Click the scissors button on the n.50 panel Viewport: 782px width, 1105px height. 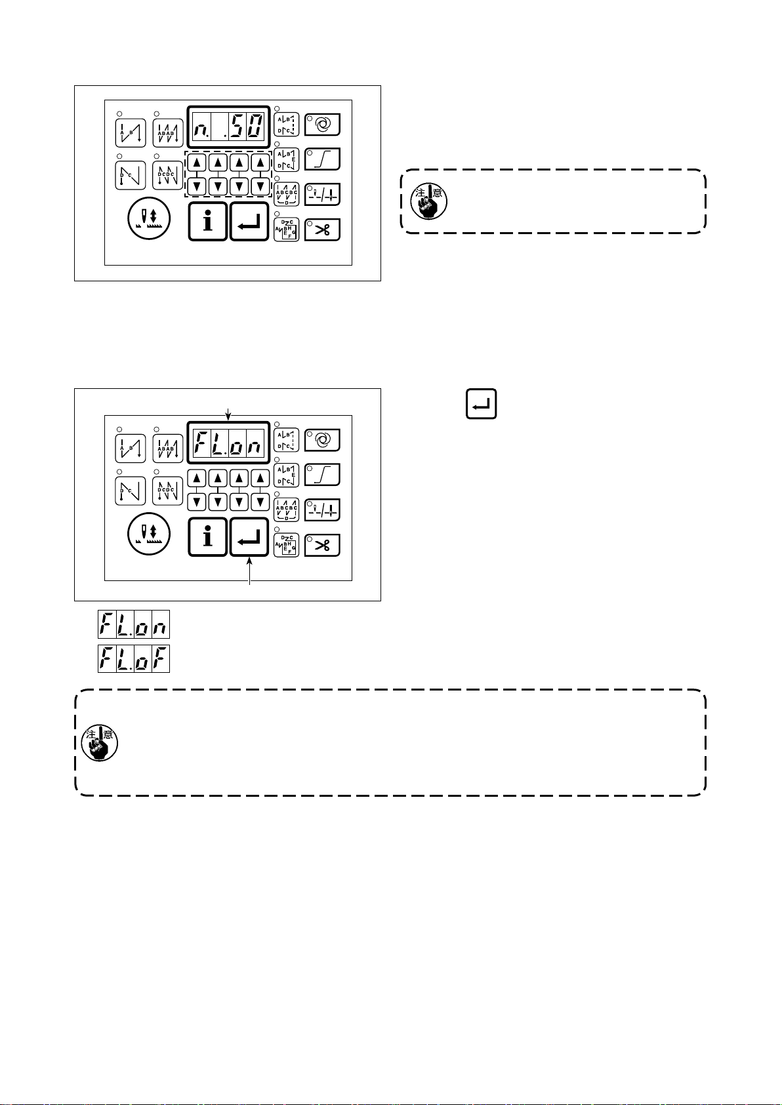[x=322, y=230]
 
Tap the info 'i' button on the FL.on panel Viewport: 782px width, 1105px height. [x=208, y=536]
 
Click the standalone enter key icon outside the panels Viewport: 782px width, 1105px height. [x=481, y=404]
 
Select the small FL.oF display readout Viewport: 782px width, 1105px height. [x=134, y=658]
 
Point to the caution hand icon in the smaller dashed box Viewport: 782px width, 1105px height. [x=428, y=201]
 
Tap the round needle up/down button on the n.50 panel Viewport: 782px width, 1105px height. [x=149, y=218]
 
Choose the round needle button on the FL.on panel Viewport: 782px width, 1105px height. [x=149, y=534]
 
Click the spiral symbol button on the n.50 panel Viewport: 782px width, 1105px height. [x=322, y=123]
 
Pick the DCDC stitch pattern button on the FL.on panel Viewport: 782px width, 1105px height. [x=167, y=491]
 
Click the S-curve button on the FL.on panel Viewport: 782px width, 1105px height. [x=322, y=474]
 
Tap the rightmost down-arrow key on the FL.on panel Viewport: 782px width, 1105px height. [x=260, y=502]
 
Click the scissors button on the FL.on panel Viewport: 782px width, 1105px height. [x=322, y=545]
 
